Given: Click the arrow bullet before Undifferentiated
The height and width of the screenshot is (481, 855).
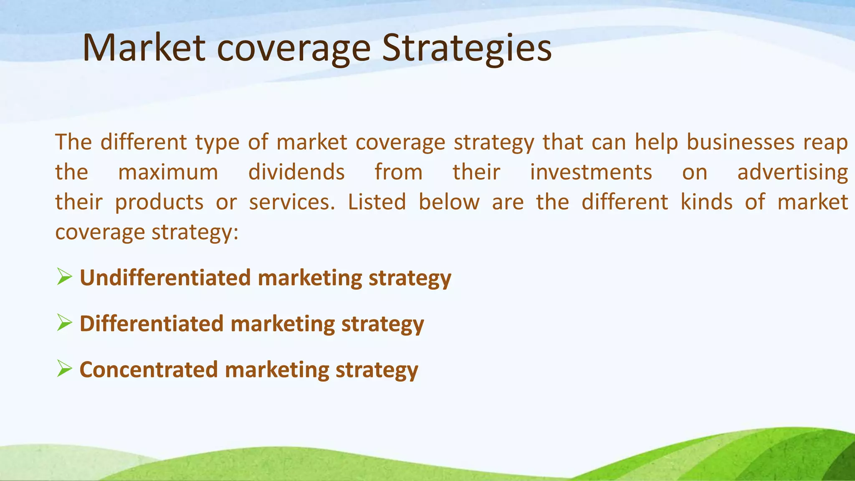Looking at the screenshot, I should tap(64, 277).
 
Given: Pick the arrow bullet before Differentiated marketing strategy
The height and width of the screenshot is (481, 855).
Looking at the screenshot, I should tap(64, 323).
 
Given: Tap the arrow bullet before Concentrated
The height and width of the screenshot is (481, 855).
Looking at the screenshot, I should tap(64, 369).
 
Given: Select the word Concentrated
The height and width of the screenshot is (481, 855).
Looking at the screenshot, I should tap(149, 370).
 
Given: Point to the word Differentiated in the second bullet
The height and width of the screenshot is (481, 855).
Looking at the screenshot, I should tap(152, 324).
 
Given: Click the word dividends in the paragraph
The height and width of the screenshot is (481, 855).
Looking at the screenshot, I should tap(296, 172).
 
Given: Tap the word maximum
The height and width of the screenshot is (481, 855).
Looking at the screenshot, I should tap(168, 172).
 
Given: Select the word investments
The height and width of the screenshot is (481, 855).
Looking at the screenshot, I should tap(591, 172).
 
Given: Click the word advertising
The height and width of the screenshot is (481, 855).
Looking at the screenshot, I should tap(792, 172).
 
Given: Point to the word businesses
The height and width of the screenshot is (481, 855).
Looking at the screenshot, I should tap(740, 142).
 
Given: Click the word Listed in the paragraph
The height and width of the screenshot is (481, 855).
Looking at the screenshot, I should tap(377, 202).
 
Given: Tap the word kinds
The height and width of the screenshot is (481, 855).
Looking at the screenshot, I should tap(706, 202).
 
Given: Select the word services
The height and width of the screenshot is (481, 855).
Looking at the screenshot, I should tap(292, 202).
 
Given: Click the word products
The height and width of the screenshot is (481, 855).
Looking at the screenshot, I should tap(159, 203).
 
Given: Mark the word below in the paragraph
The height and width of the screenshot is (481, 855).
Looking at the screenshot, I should tap(449, 202).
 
